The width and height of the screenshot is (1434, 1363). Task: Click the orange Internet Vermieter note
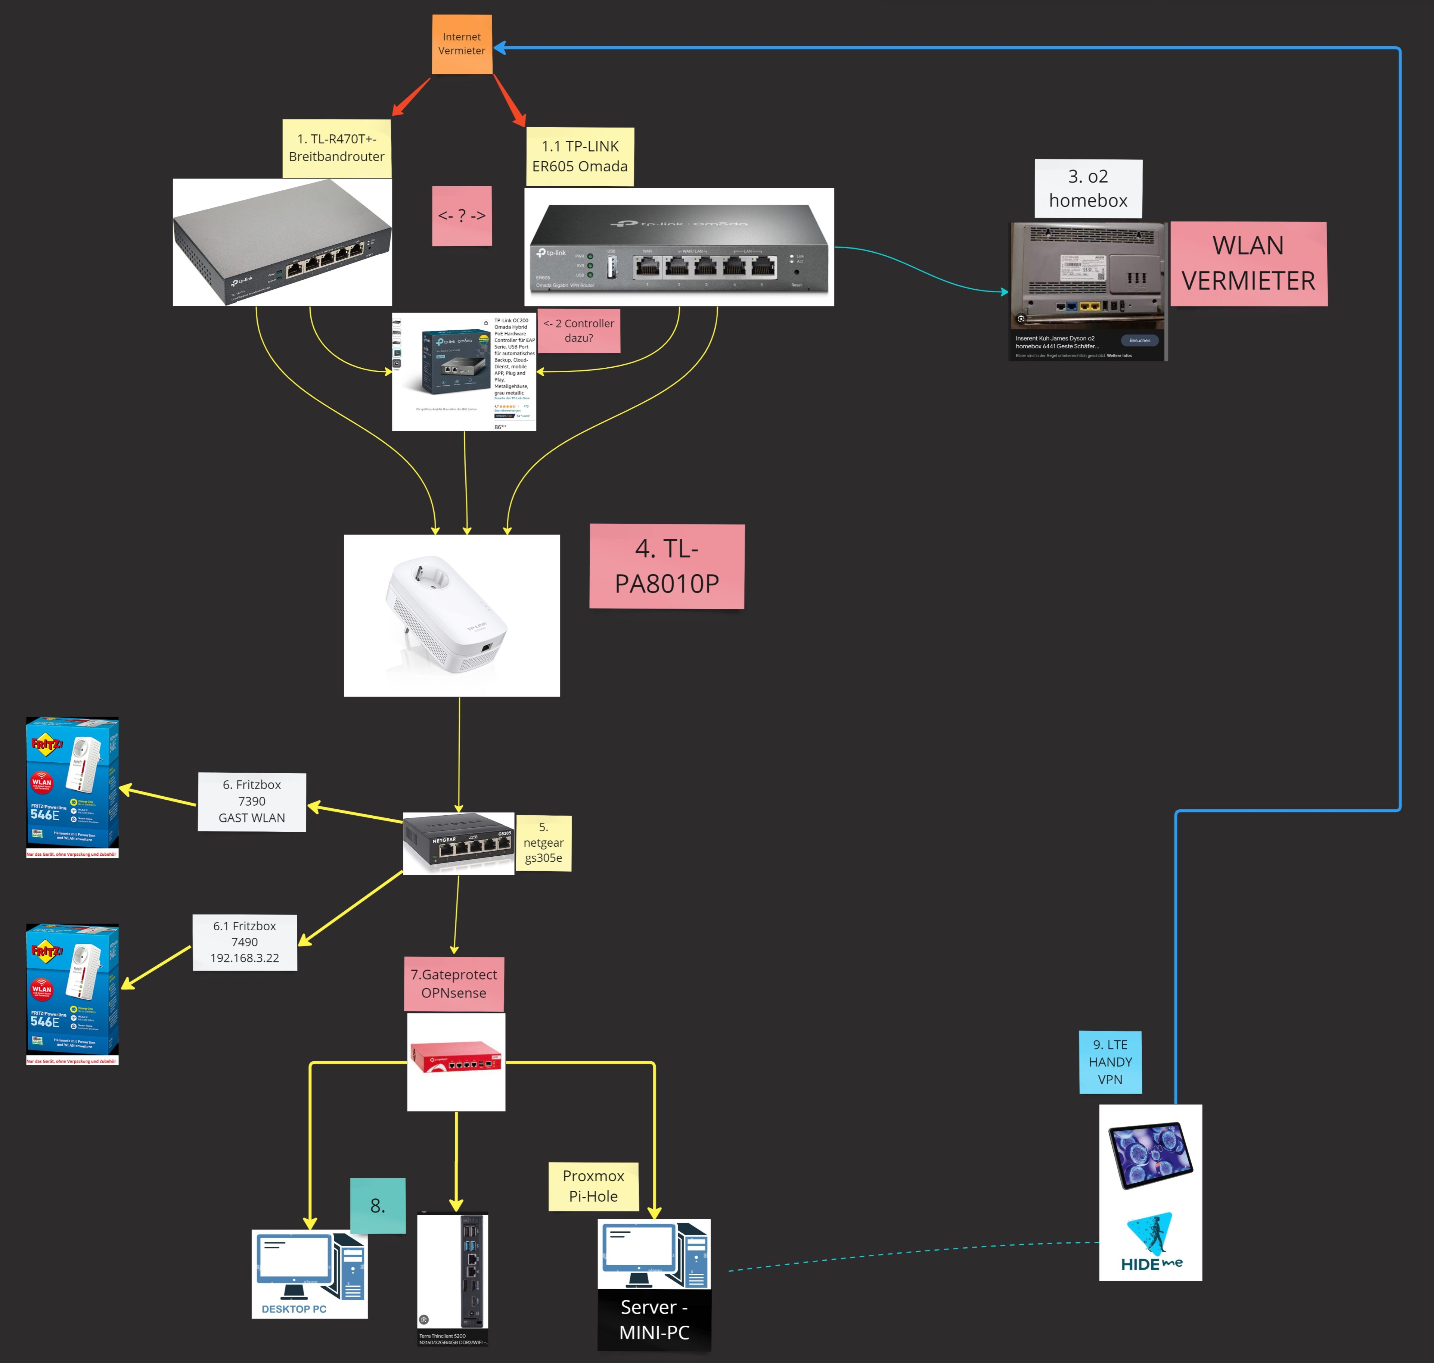(462, 44)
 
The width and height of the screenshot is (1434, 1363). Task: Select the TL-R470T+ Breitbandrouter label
(336, 148)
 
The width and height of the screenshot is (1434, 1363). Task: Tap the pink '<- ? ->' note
(462, 216)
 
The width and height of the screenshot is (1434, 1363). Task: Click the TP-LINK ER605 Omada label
(579, 156)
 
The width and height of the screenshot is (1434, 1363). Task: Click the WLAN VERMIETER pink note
(1248, 263)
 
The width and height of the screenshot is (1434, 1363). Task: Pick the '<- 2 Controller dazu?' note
(578, 331)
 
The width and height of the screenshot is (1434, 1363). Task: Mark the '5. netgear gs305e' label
(544, 843)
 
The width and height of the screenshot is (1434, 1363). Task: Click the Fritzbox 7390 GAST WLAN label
(251, 802)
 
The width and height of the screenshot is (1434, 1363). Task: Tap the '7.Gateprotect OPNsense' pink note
(453, 984)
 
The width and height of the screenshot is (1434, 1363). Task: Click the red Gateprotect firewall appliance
(456, 1057)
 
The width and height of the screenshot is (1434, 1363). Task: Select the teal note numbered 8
(377, 1205)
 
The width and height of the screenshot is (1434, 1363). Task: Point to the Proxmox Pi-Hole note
(593, 1186)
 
